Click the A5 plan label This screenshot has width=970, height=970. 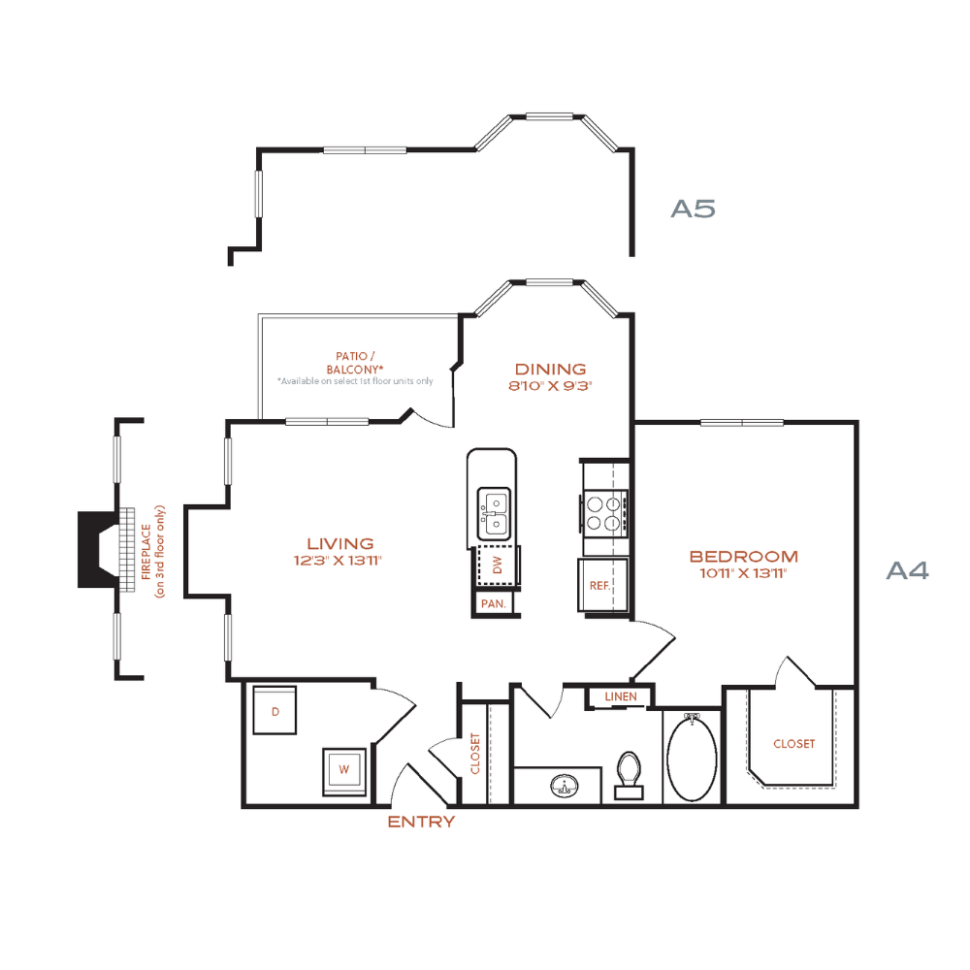pyautogui.click(x=694, y=210)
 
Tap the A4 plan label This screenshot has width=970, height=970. pyautogui.click(x=908, y=570)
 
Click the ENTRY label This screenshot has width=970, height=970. pyautogui.click(x=421, y=822)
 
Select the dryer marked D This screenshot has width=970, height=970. pyautogui.click(x=275, y=710)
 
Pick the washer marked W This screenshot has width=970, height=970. pyautogui.click(x=344, y=771)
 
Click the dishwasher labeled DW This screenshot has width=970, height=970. pyautogui.click(x=498, y=565)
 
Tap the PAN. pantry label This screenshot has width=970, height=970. pyautogui.click(x=494, y=603)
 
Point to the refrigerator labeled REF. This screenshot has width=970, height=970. pyautogui.click(x=602, y=585)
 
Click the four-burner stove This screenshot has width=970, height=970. pyautogui.click(x=604, y=513)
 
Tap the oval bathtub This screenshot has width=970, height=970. pyautogui.click(x=693, y=758)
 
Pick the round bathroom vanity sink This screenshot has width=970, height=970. pyautogui.click(x=565, y=787)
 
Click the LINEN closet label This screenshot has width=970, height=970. pyautogui.click(x=621, y=696)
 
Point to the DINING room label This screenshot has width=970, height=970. pyautogui.click(x=551, y=370)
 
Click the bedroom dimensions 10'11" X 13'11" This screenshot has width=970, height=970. pyautogui.click(x=743, y=573)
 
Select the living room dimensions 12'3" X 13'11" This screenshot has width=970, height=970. pyautogui.click(x=338, y=561)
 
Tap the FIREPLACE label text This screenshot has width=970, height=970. pyautogui.click(x=146, y=552)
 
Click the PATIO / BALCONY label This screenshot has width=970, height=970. pyautogui.click(x=354, y=363)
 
